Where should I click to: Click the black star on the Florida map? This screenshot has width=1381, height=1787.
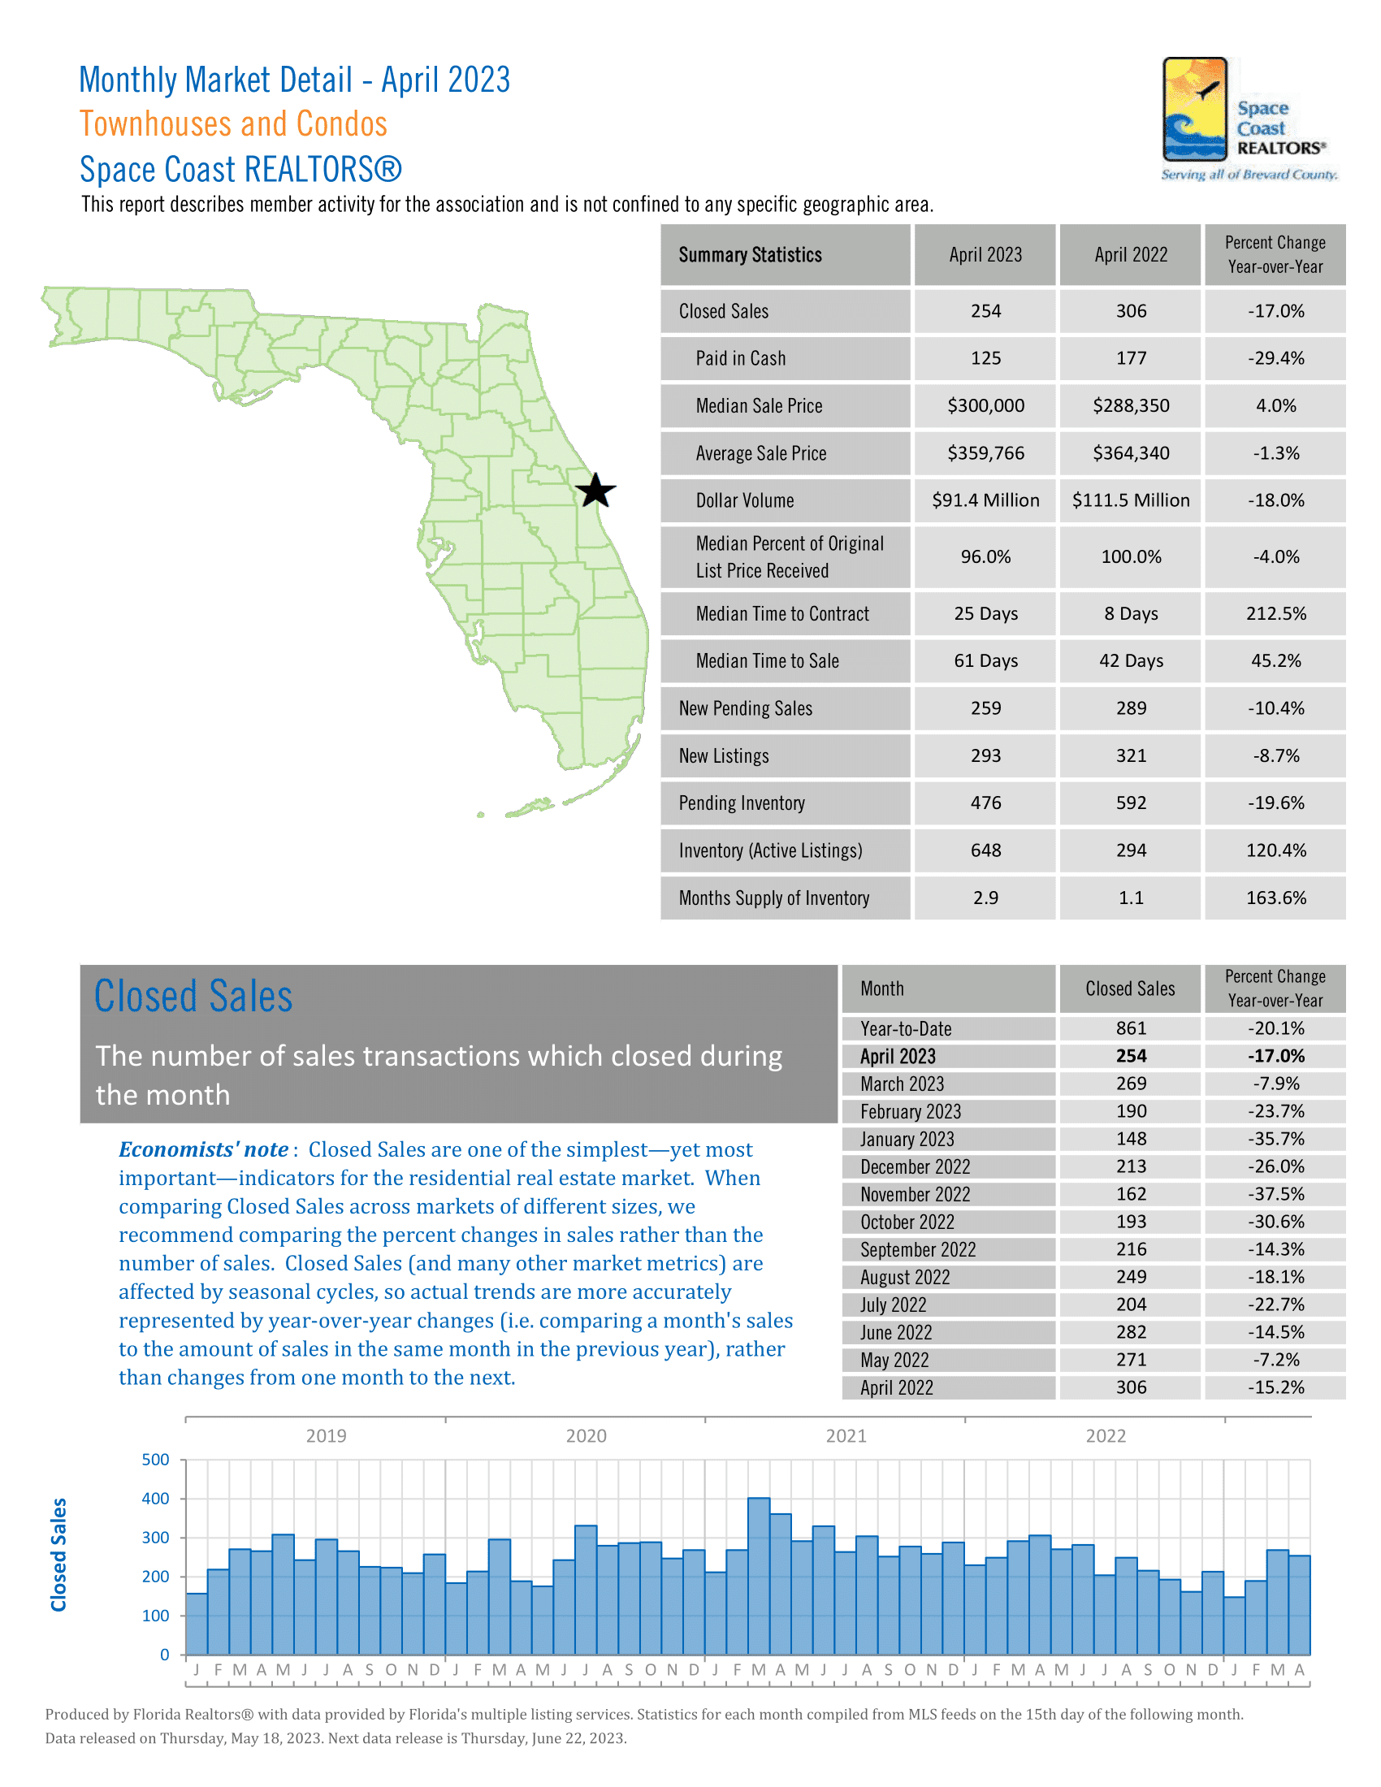[595, 491]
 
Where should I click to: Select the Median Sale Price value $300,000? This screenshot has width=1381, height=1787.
[985, 406]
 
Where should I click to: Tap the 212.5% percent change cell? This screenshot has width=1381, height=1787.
[1275, 613]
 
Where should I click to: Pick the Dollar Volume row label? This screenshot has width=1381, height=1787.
[744, 500]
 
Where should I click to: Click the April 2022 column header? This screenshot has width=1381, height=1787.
[1131, 255]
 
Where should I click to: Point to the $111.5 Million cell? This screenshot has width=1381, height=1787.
[1131, 500]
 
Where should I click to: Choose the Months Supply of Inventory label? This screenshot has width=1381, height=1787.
[773, 898]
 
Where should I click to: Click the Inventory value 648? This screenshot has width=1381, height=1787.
[985, 851]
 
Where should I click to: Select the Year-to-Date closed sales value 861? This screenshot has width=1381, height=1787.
[1131, 1028]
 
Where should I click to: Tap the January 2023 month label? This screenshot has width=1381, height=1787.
[907, 1139]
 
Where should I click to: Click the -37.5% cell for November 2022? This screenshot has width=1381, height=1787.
[1275, 1195]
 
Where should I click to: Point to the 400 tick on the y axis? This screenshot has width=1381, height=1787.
[155, 1499]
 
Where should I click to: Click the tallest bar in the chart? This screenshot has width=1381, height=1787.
[759, 1575]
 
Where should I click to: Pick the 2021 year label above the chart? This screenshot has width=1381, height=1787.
[846, 1436]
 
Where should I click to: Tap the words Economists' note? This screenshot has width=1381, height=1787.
[203, 1149]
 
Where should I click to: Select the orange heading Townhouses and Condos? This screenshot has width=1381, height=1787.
[233, 124]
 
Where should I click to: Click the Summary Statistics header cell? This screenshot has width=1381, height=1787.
[751, 255]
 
